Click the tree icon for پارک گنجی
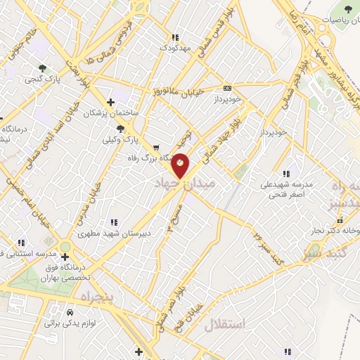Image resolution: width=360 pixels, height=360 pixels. coord(44,68)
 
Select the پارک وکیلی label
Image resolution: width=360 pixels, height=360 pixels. coord(120,140)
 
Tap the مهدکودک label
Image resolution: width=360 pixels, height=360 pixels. coord(175,49)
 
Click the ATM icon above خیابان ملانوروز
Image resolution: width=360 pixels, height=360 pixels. coord(226,88)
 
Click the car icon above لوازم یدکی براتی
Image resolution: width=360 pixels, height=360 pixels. coord(70,311)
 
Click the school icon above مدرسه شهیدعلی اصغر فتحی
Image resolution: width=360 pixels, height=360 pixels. coord(285,174)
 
